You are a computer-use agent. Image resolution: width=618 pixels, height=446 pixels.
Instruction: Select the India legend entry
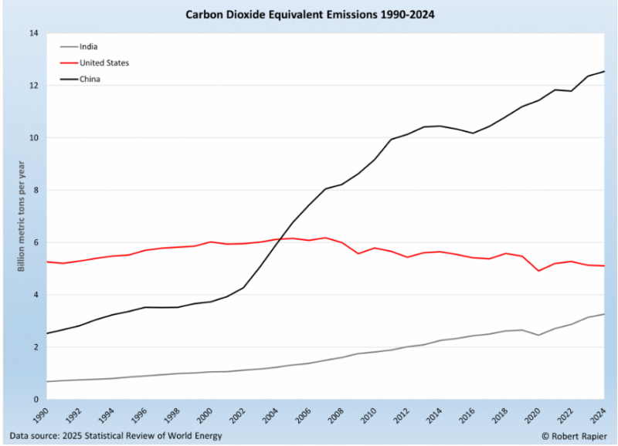tap(90, 46)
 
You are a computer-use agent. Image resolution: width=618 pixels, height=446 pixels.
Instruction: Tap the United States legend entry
tap(104, 63)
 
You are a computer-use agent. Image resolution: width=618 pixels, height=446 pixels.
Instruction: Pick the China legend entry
tap(90, 79)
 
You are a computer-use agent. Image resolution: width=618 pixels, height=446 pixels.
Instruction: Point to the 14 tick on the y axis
tap(32, 33)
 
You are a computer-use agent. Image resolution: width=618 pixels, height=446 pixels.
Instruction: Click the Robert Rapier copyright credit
tap(571, 436)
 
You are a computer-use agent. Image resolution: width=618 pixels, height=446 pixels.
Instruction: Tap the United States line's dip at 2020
tap(539, 271)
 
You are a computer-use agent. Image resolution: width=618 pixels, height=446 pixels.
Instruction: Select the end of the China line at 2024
tap(604, 72)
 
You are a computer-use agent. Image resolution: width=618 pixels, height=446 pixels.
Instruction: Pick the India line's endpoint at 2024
tap(604, 314)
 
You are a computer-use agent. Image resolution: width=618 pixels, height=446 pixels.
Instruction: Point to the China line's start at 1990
tap(47, 333)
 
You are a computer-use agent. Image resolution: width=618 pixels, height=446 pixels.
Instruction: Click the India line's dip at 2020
tap(539, 335)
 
